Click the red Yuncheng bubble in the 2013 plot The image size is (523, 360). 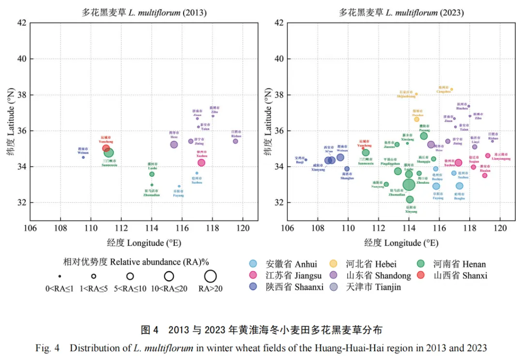click(x=106, y=149)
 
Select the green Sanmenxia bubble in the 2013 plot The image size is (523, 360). click(x=109, y=153)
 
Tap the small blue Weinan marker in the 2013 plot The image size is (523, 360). click(x=83, y=157)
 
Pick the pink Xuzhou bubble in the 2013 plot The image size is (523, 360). click(x=201, y=163)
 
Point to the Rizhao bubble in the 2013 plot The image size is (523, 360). click(x=235, y=141)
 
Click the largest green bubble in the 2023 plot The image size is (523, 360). click(x=409, y=184)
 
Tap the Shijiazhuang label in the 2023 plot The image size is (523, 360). click(x=406, y=96)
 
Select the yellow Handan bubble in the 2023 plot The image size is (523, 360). click(x=416, y=119)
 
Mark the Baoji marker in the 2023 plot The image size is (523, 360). click(x=306, y=160)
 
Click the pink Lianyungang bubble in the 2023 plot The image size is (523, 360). click(x=488, y=156)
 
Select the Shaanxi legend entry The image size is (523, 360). click(x=288, y=287)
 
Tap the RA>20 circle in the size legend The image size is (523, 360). click(x=210, y=276)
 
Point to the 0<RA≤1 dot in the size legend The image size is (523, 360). click(x=60, y=276)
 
